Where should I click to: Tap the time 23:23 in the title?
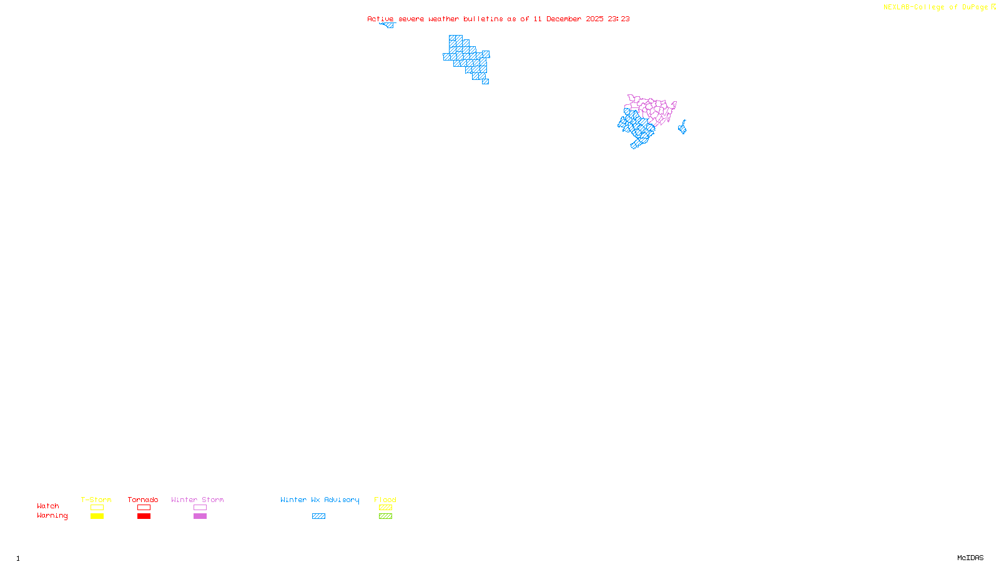(619, 19)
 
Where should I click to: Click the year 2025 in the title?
(594, 19)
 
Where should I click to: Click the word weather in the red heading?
(443, 19)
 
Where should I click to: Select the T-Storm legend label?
(96, 500)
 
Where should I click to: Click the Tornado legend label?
(143, 500)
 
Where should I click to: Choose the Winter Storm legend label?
(197, 500)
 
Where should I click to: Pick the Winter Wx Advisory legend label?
(320, 500)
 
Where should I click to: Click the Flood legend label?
(385, 500)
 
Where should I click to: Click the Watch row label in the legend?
(48, 506)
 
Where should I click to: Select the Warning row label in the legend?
(52, 516)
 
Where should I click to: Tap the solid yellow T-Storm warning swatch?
(97, 516)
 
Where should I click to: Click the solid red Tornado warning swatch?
(144, 516)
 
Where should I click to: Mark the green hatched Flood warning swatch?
(385, 516)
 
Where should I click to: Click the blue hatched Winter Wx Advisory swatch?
(318, 516)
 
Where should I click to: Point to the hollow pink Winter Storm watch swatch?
(200, 508)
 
